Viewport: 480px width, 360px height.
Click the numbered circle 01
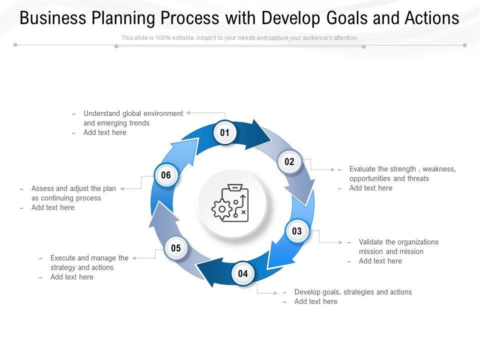(225, 133)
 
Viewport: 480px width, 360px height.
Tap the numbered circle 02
(289, 161)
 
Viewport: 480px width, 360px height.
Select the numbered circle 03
(297, 231)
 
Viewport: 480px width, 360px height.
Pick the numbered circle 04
(243, 273)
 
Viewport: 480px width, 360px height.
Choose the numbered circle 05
(176, 248)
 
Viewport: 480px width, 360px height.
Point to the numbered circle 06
(166, 175)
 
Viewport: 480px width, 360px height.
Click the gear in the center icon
(220, 209)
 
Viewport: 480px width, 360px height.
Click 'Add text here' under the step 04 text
(315, 301)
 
